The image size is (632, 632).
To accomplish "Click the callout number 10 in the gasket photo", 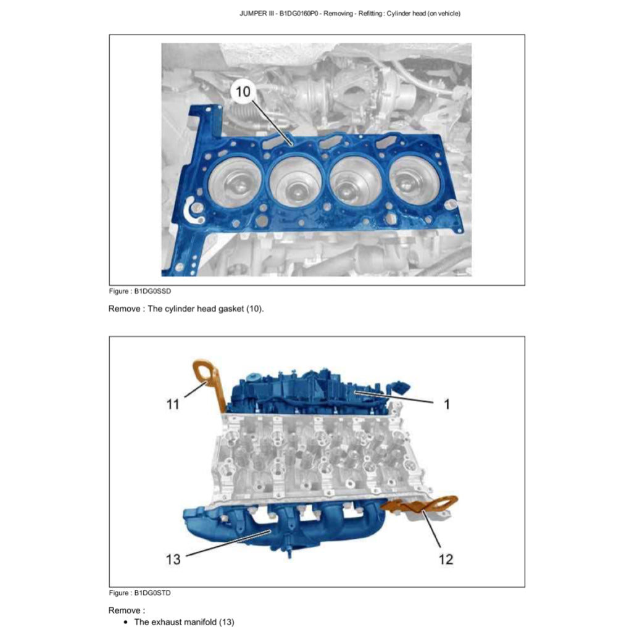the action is pyautogui.click(x=243, y=91).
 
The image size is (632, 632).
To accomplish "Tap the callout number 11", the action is pyautogui.click(x=173, y=404).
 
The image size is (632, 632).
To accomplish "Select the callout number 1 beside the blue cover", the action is pyautogui.click(x=447, y=404).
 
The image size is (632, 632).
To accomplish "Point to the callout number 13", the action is pyautogui.click(x=173, y=559).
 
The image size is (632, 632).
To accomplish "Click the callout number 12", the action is pyautogui.click(x=446, y=559).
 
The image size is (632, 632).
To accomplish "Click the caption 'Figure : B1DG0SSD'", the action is pyautogui.click(x=140, y=291).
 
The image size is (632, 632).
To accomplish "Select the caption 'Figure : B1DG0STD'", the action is pyautogui.click(x=140, y=593).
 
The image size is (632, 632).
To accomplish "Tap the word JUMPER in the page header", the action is pyautogui.click(x=253, y=14).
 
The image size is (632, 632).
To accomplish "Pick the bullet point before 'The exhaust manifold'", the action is pyautogui.click(x=126, y=622).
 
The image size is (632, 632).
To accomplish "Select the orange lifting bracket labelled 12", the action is pyautogui.click(x=423, y=506).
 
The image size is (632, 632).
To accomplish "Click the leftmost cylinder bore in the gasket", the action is pyautogui.click(x=235, y=183).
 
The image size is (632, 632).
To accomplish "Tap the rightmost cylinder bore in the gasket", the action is pyautogui.click(x=414, y=180).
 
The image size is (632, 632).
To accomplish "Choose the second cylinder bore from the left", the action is pyautogui.click(x=296, y=182).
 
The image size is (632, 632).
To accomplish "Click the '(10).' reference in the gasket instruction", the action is pyautogui.click(x=255, y=309).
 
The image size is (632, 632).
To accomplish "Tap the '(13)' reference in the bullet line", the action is pyautogui.click(x=227, y=622).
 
